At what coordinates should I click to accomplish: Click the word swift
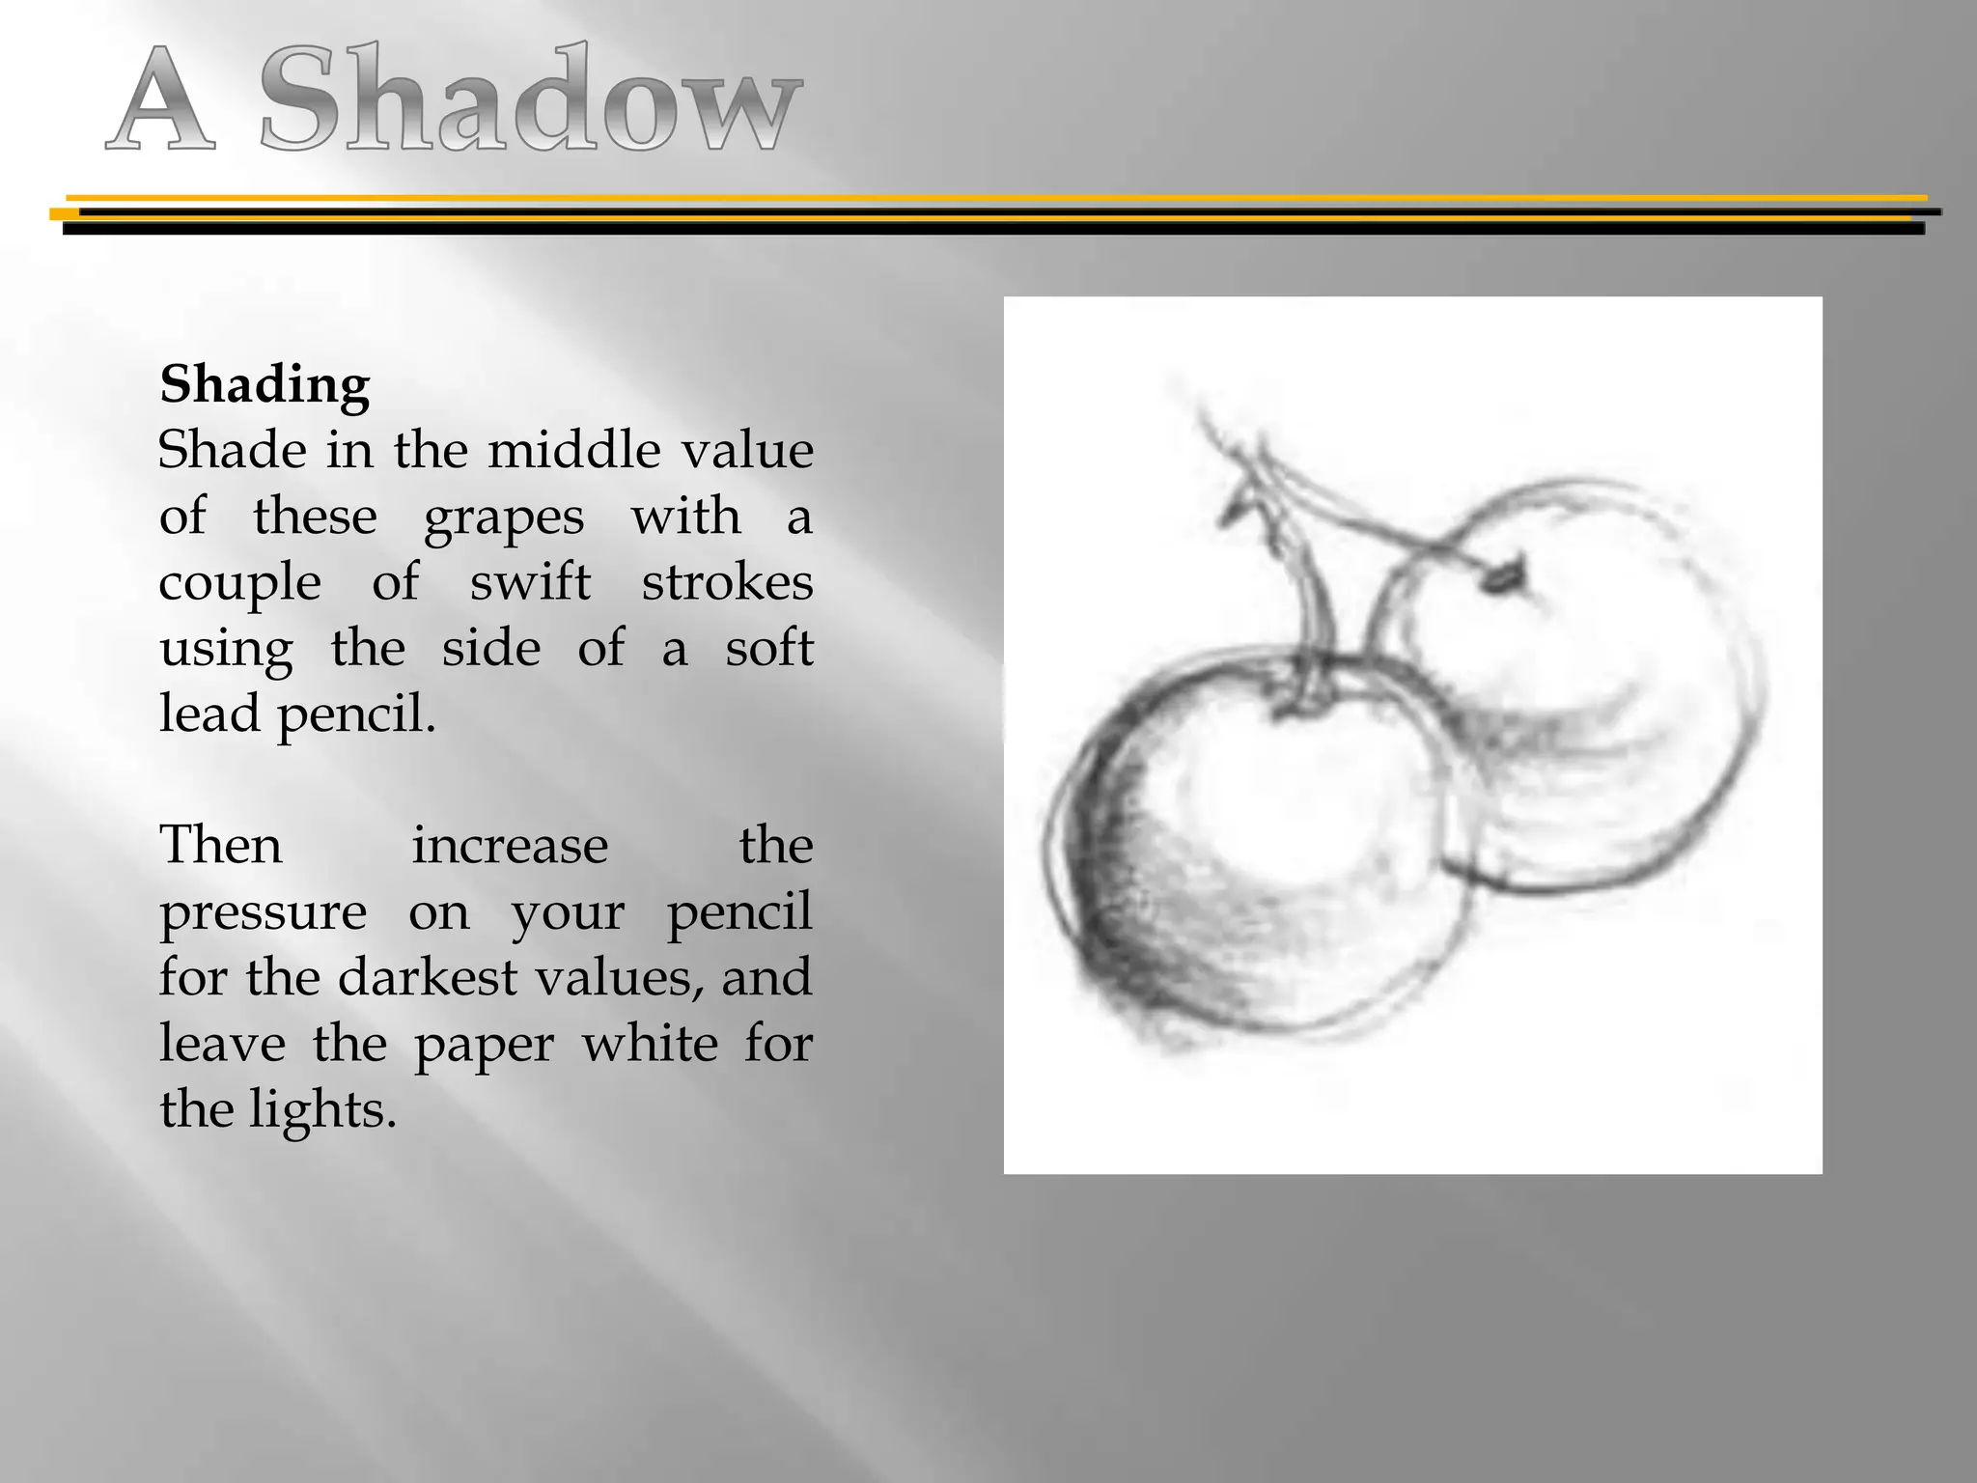(530, 582)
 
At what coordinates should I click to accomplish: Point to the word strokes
(727, 582)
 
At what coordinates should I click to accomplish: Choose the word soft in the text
(769, 648)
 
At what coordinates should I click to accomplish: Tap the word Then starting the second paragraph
(221, 846)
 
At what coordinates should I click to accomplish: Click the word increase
(510, 846)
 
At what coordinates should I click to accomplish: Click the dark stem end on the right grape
(1504, 576)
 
